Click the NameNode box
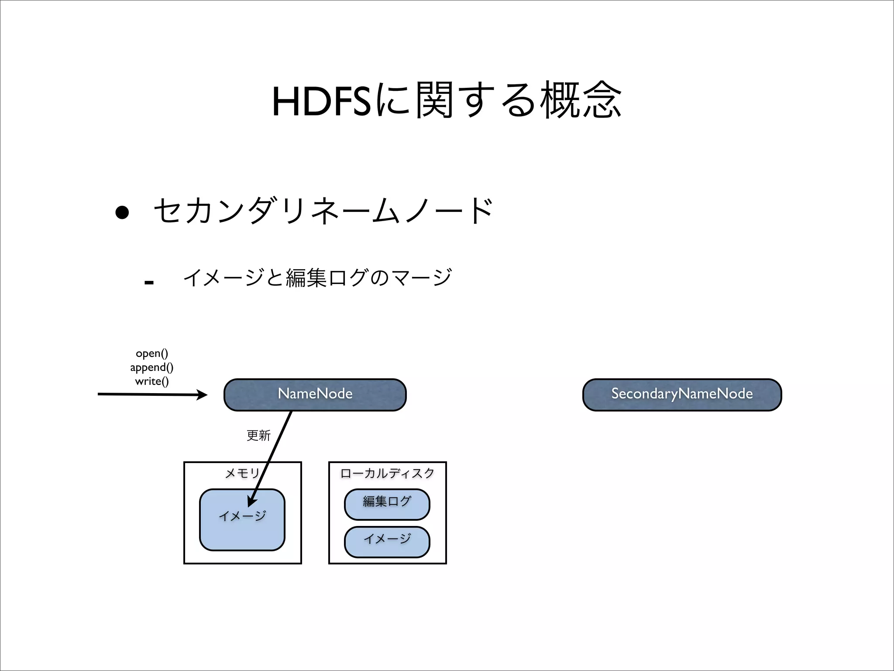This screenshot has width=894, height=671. [315, 394]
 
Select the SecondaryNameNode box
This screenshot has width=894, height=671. [682, 394]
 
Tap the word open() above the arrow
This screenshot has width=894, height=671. [152, 353]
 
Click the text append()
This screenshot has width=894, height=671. [152, 367]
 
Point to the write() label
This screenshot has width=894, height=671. [152, 381]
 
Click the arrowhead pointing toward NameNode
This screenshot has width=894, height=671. [202, 395]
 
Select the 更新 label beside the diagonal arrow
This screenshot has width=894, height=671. [258, 435]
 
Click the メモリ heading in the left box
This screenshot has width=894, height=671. [242, 473]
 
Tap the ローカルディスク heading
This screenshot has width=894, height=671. [387, 473]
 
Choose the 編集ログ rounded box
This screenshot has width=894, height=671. [387, 504]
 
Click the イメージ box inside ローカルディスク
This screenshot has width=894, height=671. [387, 542]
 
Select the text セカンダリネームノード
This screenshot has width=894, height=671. [323, 211]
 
